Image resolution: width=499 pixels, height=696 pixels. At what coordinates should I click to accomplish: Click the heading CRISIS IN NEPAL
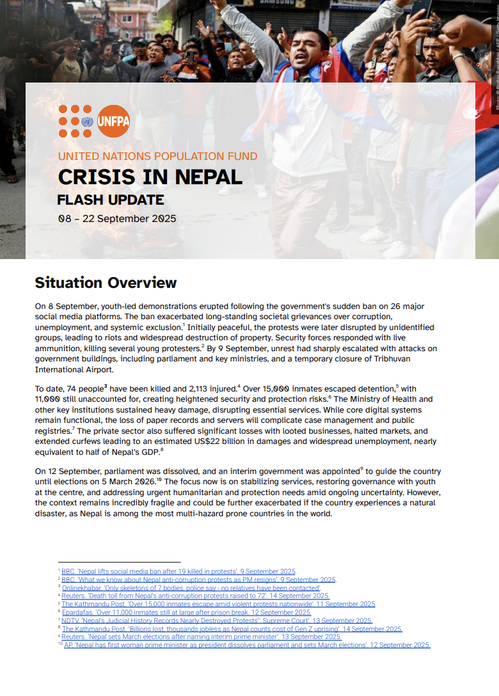(x=150, y=177)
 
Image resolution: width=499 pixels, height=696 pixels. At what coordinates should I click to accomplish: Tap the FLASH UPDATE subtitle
(x=110, y=200)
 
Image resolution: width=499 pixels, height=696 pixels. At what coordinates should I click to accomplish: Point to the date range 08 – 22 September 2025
(x=116, y=218)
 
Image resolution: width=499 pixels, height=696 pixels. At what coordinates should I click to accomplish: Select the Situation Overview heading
(x=106, y=283)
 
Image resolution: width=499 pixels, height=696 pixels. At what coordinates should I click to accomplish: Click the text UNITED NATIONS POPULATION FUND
(x=157, y=156)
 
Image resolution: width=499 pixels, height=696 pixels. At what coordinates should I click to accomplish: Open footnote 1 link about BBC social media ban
(x=178, y=571)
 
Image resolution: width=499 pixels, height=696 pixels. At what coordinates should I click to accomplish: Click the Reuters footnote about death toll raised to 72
(x=195, y=596)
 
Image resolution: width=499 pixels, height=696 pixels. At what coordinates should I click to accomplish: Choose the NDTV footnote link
(x=216, y=621)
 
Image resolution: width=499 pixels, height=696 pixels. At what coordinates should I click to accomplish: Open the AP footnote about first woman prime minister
(x=246, y=645)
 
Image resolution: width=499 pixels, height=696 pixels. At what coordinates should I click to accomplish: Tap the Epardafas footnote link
(x=186, y=612)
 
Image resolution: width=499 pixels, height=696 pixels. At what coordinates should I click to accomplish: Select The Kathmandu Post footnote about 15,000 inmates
(x=218, y=604)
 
